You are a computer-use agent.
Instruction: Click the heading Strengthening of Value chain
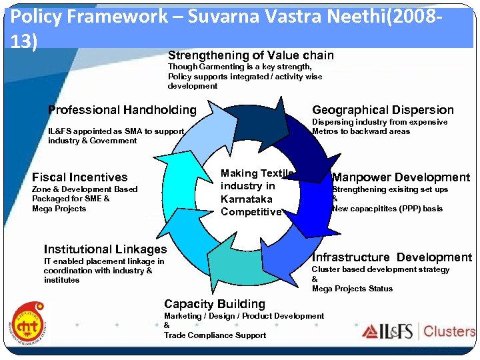point(251,55)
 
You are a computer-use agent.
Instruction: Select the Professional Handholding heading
point(123,110)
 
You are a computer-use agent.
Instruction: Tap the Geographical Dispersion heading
point(383,110)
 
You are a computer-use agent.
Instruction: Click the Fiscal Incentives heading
point(79,177)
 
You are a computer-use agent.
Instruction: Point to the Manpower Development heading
point(401,177)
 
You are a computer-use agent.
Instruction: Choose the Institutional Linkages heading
point(105,249)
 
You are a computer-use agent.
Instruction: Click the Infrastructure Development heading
point(391,257)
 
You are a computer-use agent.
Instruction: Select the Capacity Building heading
point(215,304)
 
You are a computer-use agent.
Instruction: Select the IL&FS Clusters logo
point(419,331)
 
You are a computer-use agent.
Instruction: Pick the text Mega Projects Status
point(352,289)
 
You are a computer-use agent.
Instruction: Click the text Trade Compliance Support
point(215,335)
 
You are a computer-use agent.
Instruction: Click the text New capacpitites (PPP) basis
point(387,209)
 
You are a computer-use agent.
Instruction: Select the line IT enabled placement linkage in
point(103,261)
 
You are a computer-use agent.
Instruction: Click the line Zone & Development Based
point(85,189)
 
